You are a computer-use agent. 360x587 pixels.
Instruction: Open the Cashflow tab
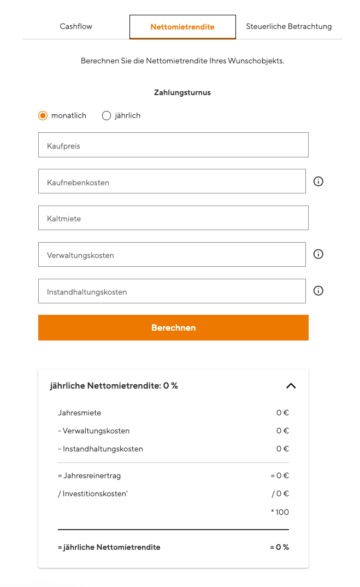tap(76, 26)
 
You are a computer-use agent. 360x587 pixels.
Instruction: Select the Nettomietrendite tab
tap(182, 27)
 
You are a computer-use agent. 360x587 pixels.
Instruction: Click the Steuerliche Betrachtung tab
tap(288, 26)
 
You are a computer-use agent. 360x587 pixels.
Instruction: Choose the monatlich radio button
tap(43, 115)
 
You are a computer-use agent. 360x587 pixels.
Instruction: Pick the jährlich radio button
tap(107, 115)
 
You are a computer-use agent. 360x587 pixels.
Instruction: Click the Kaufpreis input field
tap(173, 145)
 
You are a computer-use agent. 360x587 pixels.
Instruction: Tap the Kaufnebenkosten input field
tap(172, 181)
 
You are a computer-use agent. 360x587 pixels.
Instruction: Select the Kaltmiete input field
tap(173, 218)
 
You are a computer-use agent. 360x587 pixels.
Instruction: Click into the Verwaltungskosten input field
tap(172, 254)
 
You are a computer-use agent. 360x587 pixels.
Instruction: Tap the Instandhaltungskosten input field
tap(172, 291)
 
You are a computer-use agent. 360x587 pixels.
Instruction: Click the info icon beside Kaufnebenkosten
tap(318, 181)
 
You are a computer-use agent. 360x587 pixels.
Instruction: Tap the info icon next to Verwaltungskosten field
tap(318, 254)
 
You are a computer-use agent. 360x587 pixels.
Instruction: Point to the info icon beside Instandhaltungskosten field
tap(318, 291)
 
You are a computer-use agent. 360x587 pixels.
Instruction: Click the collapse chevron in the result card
tap(291, 386)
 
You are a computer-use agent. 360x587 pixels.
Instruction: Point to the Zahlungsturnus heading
tap(182, 93)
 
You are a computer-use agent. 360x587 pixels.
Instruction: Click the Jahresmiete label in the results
tap(80, 413)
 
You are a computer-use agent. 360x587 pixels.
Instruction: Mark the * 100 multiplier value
tap(280, 512)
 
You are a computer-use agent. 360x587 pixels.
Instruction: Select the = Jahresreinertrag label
tap(89, 476)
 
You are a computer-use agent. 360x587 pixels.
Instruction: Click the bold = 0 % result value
tap(279, 547)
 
